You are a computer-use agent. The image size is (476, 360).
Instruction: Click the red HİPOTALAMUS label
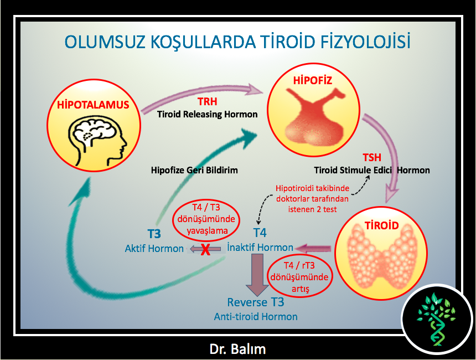tap(93, 105)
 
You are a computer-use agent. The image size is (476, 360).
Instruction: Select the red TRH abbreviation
tap(208, 101)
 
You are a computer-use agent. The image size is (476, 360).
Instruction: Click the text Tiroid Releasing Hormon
tap(208, 114)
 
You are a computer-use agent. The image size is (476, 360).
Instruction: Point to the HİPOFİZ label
tap(312, 80)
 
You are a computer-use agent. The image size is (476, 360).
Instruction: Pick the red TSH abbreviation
tap(372, 158)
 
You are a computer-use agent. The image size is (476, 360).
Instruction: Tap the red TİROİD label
tap(381, 225)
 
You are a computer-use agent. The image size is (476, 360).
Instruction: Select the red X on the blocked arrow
tap(205, 250)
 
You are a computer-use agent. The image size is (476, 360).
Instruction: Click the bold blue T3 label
tap(154, 234)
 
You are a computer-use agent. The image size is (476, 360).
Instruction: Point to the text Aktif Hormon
tap(154, 249)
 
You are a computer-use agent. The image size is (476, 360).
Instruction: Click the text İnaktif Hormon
tap(260, 247)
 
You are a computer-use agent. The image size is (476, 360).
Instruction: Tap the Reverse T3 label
tap(256, 302)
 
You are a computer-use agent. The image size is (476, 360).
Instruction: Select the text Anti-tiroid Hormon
tap(256, 317)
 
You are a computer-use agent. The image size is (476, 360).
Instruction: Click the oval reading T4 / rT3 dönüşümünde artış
tap(300, 277)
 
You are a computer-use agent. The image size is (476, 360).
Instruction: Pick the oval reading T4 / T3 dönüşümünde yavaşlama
tap(206, 219)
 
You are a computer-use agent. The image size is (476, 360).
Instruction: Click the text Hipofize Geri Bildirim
tap(194, 170)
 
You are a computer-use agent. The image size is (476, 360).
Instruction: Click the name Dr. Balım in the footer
tap(237, 349)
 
